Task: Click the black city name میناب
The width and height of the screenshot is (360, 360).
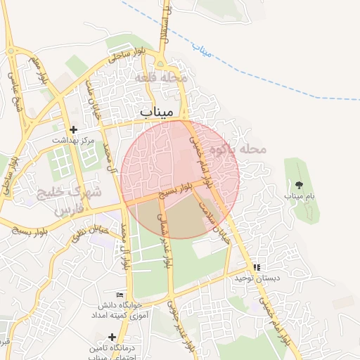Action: click(x=157, y=112)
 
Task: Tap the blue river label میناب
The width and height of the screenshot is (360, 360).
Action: click(x=202, y=50)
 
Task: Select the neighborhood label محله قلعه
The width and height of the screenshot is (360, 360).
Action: click(x=162, y=77)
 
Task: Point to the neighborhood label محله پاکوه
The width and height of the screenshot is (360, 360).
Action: click(x=244, y=149)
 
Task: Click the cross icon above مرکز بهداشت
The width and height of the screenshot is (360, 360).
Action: click(x=72, y=130)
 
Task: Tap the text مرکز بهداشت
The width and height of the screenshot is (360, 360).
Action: click(x=72, y=141)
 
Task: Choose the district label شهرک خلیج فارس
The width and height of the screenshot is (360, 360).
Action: click(x=77, y=200)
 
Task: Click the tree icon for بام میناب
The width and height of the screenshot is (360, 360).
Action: click(x=300, y=185)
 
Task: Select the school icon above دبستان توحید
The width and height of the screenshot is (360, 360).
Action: click(x=257, y=267)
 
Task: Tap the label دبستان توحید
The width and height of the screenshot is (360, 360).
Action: click(x=257, y=278)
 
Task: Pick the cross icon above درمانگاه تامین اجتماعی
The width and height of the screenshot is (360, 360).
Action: click(x=112, y=337)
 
